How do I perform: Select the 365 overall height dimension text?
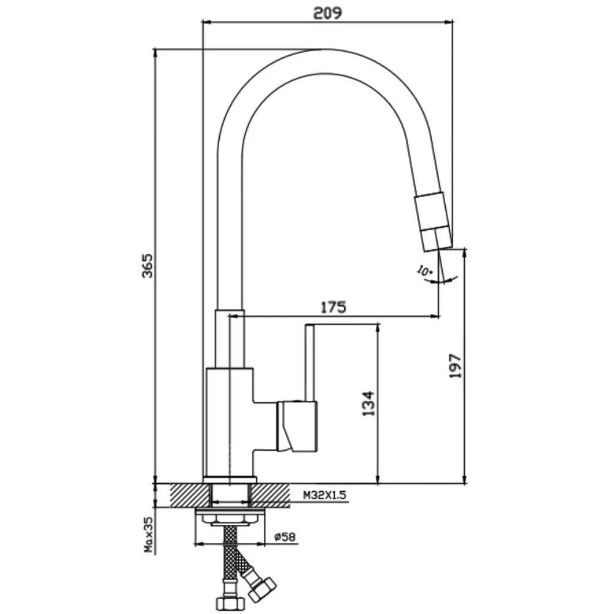point(147,266)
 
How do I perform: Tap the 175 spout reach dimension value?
point(333,307)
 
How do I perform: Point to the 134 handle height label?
point(368,403)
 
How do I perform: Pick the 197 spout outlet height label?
point(456,366)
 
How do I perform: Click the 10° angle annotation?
point(424,271)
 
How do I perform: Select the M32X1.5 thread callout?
point(325,495)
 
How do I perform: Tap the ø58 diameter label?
point(285,537)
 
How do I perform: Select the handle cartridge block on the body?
point(297,426)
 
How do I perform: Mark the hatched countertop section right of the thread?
point(270,495)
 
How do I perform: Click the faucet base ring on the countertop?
point(230,480)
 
